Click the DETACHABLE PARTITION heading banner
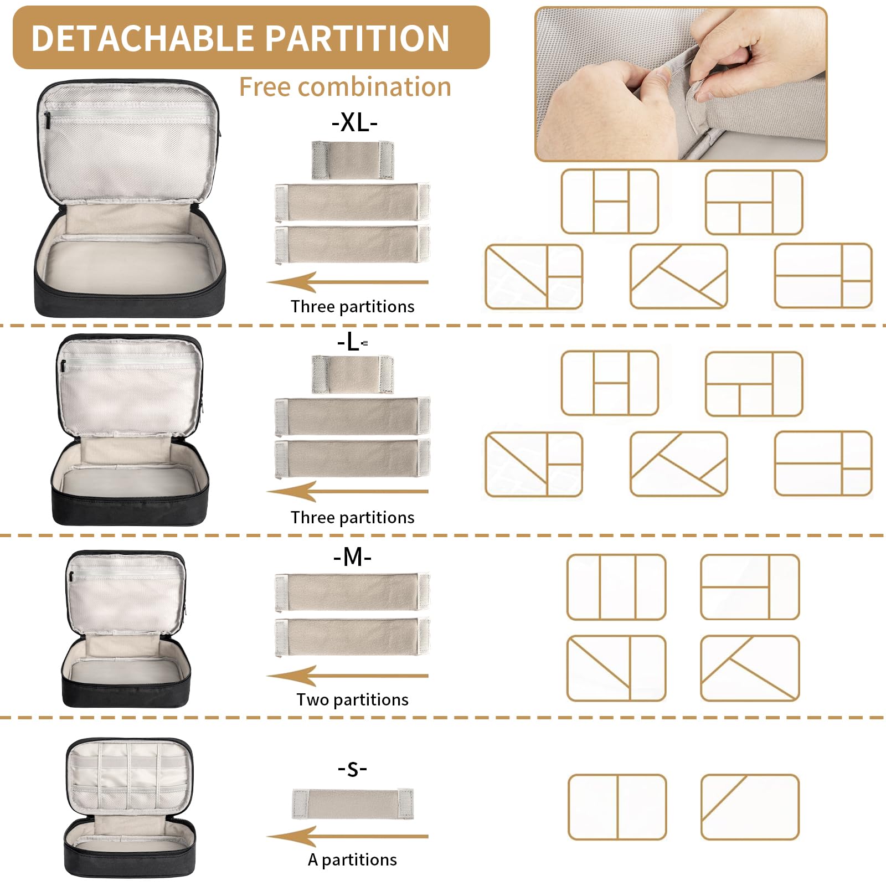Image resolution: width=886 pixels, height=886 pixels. point(251,38)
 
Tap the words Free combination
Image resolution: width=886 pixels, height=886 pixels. point(345,87)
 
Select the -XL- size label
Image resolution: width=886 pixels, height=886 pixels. point(354,122)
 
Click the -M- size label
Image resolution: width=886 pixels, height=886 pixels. point(352,557)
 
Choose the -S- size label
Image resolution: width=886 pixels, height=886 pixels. point(352,768)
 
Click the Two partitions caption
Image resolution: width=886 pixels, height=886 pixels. point(352,699)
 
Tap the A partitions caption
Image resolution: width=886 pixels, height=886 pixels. point(352,859)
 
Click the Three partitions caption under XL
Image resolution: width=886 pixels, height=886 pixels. point(352,306)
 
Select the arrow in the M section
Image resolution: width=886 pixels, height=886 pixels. point(347,676)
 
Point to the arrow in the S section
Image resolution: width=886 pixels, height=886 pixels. point(347,836)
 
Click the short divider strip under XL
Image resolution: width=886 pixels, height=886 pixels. point(353,160)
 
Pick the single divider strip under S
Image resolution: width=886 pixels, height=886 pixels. point(353,804)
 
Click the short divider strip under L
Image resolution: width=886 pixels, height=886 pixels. point(353,374)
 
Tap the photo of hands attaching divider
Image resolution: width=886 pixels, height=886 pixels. point(681,84)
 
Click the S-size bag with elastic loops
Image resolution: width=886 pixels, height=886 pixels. point(130,807)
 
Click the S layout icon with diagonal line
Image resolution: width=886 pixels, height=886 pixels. point(750,807)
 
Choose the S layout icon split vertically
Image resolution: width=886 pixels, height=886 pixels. point(617,807)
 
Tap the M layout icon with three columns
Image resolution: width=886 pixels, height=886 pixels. point(616,587)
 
